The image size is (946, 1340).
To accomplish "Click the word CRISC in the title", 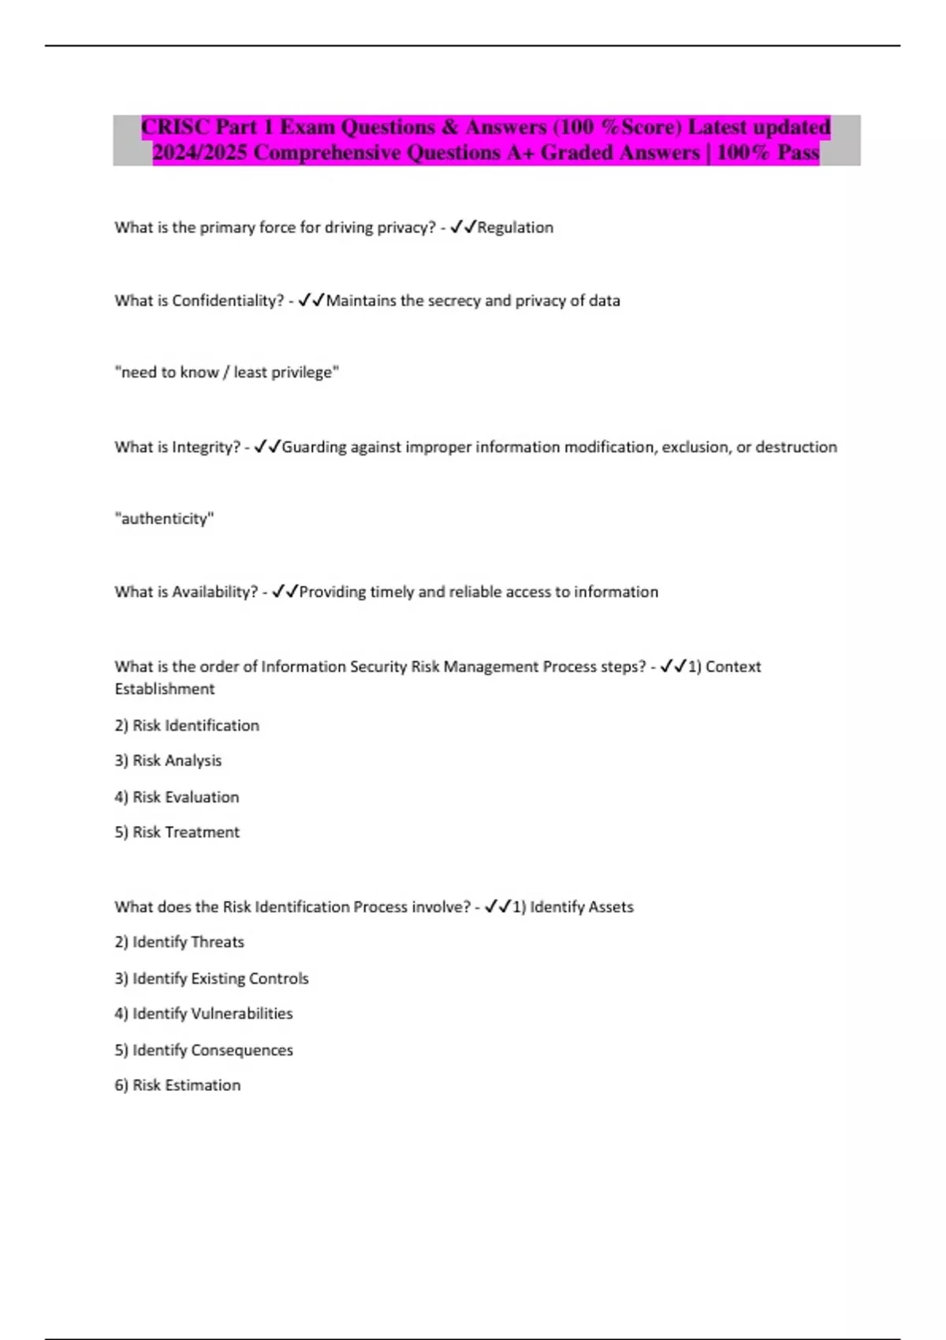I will coord(175,127).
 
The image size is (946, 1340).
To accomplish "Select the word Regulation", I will coord(516,227).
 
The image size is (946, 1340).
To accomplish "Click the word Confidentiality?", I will coord(228,300).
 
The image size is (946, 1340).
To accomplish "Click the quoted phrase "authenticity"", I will coord(164,519).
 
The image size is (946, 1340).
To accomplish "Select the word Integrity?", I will coord(206,447).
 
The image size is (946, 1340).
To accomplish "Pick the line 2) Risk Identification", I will coord(187,725).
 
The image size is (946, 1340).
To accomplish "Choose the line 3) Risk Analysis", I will coord(168,761).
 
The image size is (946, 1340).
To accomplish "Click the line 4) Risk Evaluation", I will coord(177,797).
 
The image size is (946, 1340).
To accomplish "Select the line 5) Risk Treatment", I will coord(177,832).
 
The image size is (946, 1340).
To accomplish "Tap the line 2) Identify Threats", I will coord(179,942).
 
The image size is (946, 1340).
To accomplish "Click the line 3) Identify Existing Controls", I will coord(211,978).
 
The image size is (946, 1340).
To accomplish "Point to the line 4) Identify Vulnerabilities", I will coord(203,1014).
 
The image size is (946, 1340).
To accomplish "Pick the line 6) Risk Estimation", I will coord(177,1085).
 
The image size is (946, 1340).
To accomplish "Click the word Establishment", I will coord(165,689).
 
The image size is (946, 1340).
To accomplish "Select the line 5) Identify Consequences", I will coord(203,1050).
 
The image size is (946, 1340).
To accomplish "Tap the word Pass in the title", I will coord(798,152).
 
